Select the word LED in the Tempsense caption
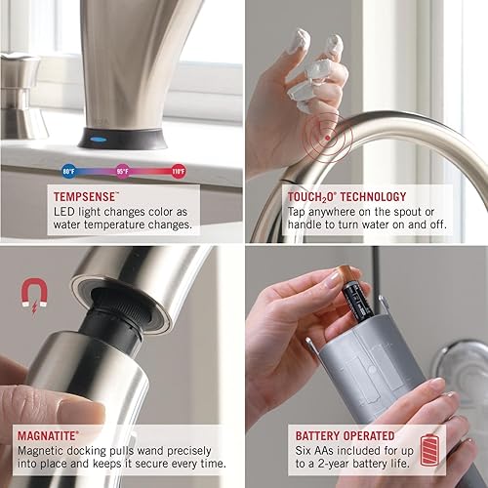65,209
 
